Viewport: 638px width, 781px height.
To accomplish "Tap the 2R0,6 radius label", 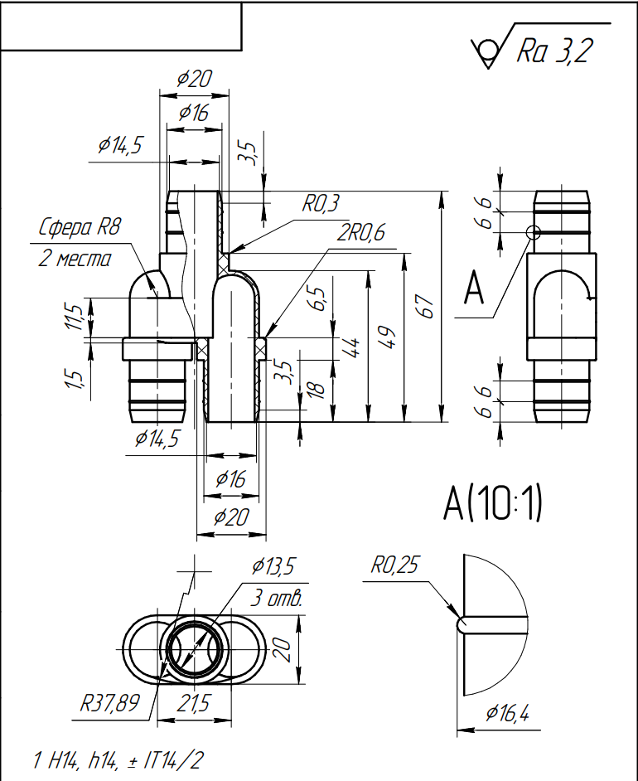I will [x=361, y=234].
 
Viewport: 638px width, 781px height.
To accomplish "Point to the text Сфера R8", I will [x=80, y=228].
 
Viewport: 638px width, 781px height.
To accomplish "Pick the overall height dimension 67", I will [x=427, y=307].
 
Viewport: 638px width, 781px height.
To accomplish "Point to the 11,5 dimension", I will [x=75, y=317].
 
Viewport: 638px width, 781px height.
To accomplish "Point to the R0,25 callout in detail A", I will [x=395, y=566].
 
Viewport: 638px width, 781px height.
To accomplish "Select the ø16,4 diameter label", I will [x=507, y=712].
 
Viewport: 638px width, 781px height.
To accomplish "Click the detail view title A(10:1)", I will [x=492, y=503].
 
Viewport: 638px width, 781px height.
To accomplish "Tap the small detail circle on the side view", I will [x=533, y=233].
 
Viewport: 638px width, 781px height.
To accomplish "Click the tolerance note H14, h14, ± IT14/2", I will [x=116, y=759].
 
